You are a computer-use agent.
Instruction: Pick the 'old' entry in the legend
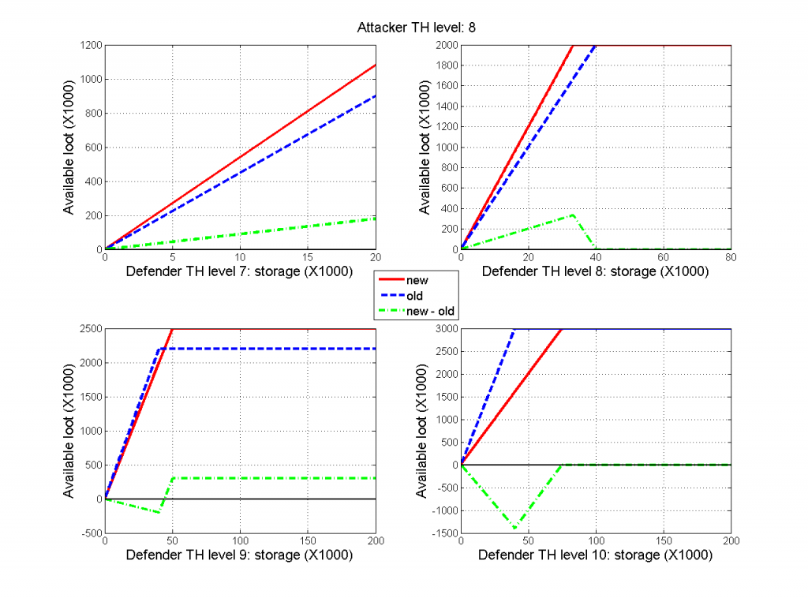(413, 296)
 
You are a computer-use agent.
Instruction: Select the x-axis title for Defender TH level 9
(240, 555)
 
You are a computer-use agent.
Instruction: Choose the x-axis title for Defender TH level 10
(595, 555)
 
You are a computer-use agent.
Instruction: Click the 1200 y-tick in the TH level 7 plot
(89, 46)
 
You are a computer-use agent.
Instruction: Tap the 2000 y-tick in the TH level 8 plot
(445, 46)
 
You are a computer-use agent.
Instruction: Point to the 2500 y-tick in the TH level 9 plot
(89, 329)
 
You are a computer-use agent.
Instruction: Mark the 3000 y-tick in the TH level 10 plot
(445, 329)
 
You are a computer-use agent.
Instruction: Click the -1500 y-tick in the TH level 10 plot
(443, 533)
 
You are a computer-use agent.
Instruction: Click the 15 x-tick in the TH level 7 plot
(308, 257)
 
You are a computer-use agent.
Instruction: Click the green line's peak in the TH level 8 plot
(572, 215)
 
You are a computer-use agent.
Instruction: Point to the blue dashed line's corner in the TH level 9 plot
(160, 349)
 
